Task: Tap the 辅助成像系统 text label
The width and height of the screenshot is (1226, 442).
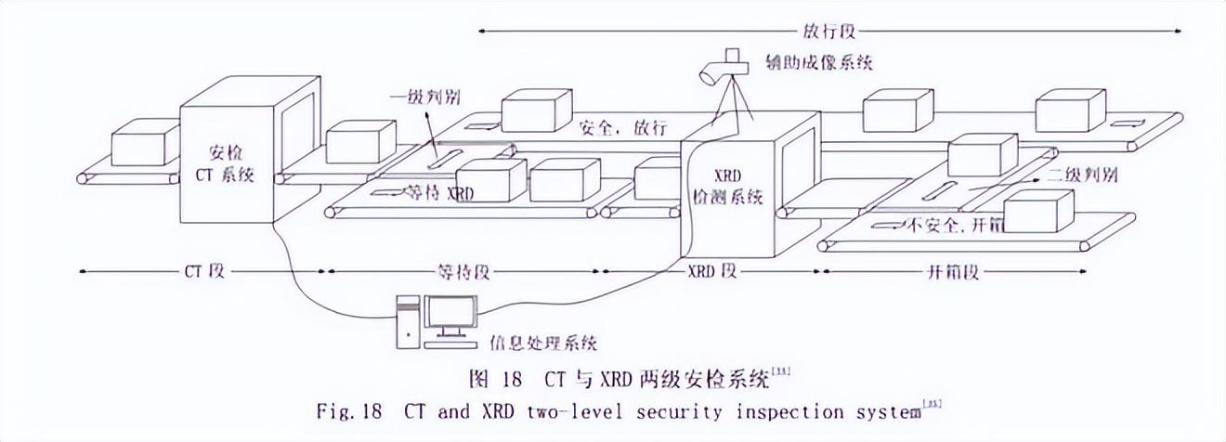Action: pyautogui.click(x=819, y=62)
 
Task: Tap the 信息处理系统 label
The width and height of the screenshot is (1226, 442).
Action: pyautogui.click(x=541, y=342)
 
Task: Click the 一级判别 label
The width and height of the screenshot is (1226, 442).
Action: pyautogui.click(x=429, y=97)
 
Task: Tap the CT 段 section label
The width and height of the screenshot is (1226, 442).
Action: pyautogui.click(x=201, y=272)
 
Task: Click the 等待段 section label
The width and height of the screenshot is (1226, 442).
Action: pyautogui.click(x=463, y=272)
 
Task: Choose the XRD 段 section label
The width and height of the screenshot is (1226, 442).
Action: pyautogui.click(x=712, y=272)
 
